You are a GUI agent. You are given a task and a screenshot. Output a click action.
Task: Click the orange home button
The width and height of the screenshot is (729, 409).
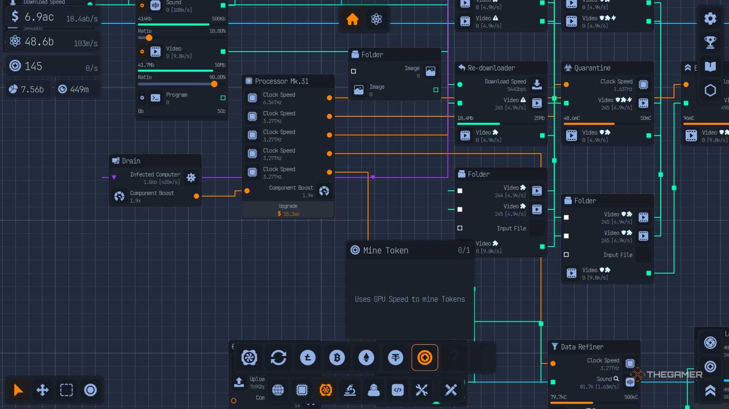[352, 19]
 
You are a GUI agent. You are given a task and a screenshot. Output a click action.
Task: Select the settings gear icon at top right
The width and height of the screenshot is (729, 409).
[710, 19]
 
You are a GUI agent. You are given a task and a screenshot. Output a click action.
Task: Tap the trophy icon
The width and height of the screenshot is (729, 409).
[710, 42]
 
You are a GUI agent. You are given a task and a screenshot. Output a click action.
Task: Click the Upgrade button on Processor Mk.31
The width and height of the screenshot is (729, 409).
[288, 210]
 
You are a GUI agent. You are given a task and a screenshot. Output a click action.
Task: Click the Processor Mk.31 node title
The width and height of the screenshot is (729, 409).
[281, 81]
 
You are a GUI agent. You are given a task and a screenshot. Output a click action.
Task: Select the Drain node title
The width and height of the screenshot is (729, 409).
[131, 161]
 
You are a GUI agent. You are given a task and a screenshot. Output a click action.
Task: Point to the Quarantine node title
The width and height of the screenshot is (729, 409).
[592, 68]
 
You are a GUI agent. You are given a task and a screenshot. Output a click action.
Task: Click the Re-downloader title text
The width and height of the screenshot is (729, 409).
[491, 68]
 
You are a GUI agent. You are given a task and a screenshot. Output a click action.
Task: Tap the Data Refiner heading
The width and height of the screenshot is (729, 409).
[582, 347]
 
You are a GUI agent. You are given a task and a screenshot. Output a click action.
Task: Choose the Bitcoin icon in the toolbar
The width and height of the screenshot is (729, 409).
[337, 357]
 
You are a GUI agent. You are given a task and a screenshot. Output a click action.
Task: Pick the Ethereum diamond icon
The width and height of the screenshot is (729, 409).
[366, 357]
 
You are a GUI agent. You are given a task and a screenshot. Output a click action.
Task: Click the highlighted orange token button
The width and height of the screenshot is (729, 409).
[425, 357]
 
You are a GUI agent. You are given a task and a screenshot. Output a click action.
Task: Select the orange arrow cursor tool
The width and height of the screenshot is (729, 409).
[18, 390]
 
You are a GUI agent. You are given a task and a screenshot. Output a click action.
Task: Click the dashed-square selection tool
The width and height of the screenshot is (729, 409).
[66, 390]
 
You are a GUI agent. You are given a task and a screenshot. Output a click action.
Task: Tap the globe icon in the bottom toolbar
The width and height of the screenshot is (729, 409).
[278, 390]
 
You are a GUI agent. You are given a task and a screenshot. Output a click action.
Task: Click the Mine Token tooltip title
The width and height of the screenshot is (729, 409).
[385, 251]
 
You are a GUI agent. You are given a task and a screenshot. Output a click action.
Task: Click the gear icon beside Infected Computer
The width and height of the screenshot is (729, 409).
[191, 177]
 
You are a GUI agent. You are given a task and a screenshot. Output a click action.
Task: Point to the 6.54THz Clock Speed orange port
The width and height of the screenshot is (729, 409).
[329, 98]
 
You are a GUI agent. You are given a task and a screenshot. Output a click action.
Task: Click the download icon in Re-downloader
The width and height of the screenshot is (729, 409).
[537, 84]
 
